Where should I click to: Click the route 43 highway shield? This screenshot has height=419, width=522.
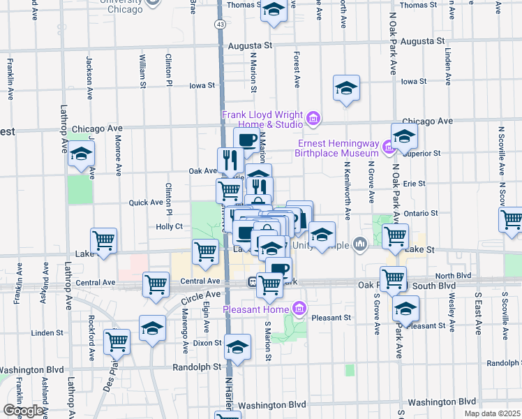pyautogui.click(x=220, y=24)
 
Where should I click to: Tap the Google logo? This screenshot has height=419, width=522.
pyautogui.click(x=24, y=411)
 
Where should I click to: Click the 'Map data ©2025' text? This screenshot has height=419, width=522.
pyautogui.click(x=493, y=413)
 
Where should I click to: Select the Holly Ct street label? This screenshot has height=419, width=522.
pyautogui.click(x=169, y=226)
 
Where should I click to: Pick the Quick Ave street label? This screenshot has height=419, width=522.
pyautogui.click(x=146, y=203)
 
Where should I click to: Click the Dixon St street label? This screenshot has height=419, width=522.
pyautogui.click(x=208, y=343)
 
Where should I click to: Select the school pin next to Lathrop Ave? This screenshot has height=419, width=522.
pyautogui.click(x=81, y=154)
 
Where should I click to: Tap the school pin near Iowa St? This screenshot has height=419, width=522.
pyautogui.click(x=345, y=88)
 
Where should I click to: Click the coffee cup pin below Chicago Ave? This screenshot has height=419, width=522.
pyautogui.click(x=246, y=140)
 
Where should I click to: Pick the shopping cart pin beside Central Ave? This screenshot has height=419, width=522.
pyautogui.click(x=156, y=284)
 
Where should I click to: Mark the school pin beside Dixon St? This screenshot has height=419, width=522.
pyautogui.click(x=238, y=347)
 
